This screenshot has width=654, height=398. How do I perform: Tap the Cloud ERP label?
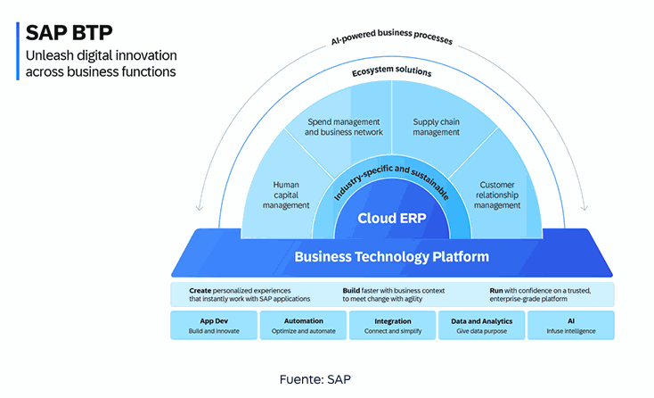click(x=392, y=218)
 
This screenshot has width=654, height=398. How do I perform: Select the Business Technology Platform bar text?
click(x=391, y=257)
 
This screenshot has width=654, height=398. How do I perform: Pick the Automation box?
click(x=302, y=325)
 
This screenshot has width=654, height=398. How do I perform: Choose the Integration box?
click(x=392, y=325)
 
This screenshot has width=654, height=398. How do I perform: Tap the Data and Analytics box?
click(x=481, y=325)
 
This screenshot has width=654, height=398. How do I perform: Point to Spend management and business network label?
click(x=343, y=127)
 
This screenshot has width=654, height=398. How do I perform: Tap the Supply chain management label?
click(x=437, y=127)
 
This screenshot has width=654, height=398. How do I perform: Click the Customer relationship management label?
click(x=496, y=195)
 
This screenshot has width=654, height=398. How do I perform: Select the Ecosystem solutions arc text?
click(x=392, y=70)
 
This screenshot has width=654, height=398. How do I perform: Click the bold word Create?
click(x=200, y=290)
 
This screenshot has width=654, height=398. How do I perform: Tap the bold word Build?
click(x=352, y=290)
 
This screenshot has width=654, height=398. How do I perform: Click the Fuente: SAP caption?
click(x=315, y=379)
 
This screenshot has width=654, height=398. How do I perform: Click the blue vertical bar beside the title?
click(x=18, y=52)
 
